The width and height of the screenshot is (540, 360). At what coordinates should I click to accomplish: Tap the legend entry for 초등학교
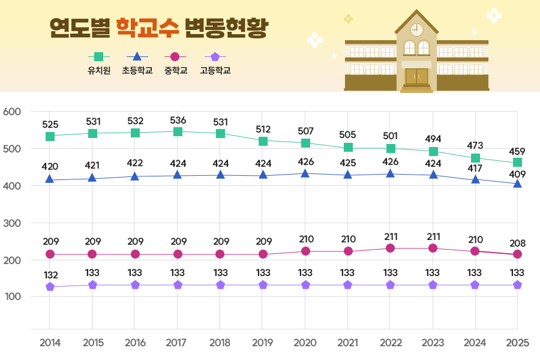[x=137, y=63]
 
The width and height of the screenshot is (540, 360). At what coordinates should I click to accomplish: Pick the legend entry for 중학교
[x=175, y=63]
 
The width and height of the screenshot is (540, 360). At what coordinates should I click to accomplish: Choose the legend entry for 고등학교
[x=215, y=63]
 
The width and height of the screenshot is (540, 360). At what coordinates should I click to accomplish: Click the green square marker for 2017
[x=178, y=131]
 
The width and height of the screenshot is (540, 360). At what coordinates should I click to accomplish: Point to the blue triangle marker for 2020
[x=305, y=174]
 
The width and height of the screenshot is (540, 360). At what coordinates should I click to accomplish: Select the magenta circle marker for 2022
[x=391, y=248]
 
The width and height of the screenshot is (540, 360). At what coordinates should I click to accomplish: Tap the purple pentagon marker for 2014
[x=50, y=287]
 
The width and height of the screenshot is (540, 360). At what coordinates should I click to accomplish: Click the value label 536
[x=178, y=120]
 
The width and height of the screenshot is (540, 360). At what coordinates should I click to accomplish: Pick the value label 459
[x=517, y=151]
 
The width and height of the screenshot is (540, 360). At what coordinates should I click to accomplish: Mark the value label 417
[x=475, y=169]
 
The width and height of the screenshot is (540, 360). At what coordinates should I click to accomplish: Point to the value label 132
[x=50, y=275]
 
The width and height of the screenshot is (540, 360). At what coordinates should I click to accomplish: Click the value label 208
[x=517, y=243]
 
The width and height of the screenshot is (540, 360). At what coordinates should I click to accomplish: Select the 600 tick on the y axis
[x=12, y=112]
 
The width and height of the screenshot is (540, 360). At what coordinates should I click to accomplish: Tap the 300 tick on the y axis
[x=12, y=223]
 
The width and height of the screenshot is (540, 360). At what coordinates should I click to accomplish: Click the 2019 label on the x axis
[x=263, y=343]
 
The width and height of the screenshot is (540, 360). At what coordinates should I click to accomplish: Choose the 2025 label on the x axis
[x=517, y=343]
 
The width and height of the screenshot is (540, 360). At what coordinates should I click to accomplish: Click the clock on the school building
[x=416, y=29]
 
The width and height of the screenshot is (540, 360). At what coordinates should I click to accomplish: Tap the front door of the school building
[x=416, y=76]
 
